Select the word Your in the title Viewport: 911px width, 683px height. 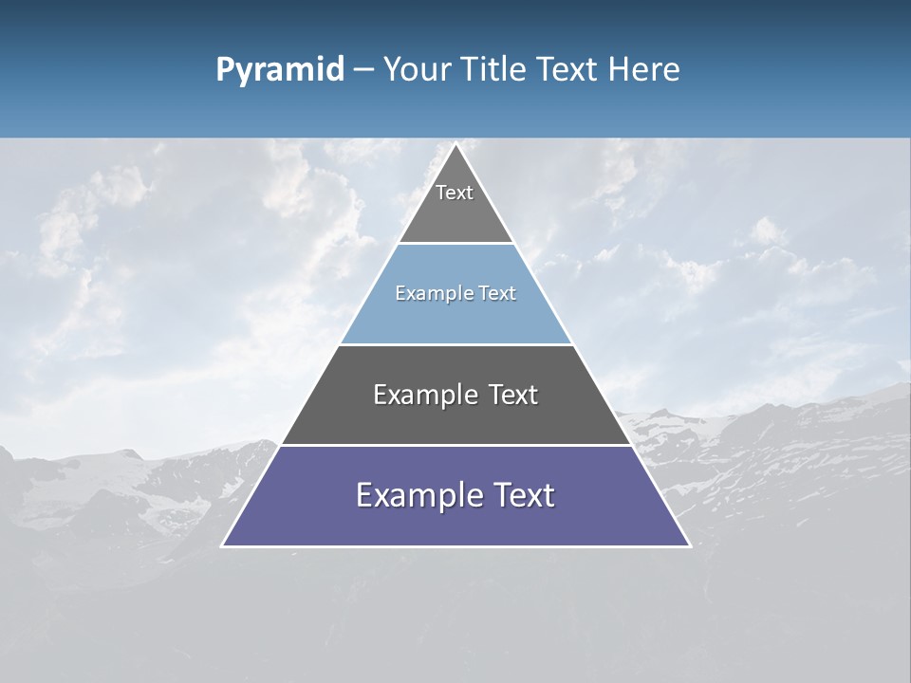(417, 70)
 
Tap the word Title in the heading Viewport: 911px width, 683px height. (493, 70)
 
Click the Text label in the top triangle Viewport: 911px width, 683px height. (455, 193)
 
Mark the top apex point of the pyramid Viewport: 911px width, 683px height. (455, 144)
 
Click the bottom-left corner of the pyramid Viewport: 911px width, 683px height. (223, 545)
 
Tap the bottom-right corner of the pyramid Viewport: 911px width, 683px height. (689, 545)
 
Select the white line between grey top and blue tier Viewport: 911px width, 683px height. (455, 244)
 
